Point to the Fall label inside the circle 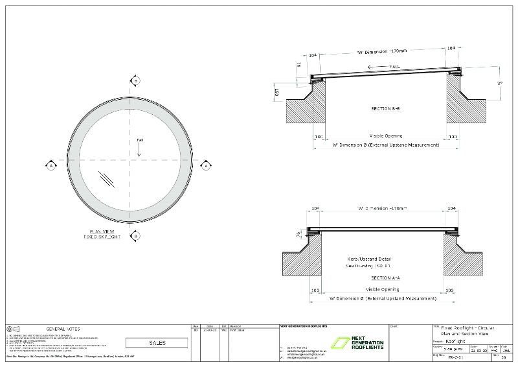(139, 140)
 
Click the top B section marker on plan (135, 80)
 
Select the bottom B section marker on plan (135, 236)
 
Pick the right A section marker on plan (206, 165)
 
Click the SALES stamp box (157, 342)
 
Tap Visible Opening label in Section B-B (386, 135)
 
